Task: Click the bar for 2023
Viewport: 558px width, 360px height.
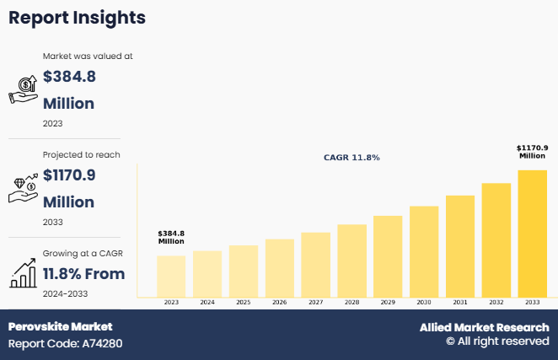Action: (171, 276)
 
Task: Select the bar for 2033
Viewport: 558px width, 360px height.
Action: (533, 233)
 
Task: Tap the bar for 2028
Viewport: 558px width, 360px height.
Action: (351, 260)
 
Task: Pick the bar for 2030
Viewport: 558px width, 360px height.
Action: (424, 250)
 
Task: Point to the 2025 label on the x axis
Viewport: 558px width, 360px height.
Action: (243, 302)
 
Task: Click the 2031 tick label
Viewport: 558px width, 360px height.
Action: (460, 302)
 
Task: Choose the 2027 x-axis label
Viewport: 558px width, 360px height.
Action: (315, 302)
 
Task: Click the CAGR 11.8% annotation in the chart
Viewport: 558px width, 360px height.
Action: (351, 158)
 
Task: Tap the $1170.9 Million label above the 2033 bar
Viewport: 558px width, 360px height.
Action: (532, 152)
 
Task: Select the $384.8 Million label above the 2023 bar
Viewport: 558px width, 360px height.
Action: (171, 237)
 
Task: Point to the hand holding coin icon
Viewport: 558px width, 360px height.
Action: (23, 89)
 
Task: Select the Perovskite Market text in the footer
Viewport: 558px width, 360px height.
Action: (60, 326)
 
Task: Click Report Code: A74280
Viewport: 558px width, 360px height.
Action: (66, 343)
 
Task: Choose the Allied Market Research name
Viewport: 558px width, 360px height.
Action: (484, 327)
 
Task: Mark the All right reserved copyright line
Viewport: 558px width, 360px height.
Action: (497, 341)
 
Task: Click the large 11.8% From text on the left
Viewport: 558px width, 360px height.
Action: (83, 274)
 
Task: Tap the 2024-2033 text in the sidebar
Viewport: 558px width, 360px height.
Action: (65, 293)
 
